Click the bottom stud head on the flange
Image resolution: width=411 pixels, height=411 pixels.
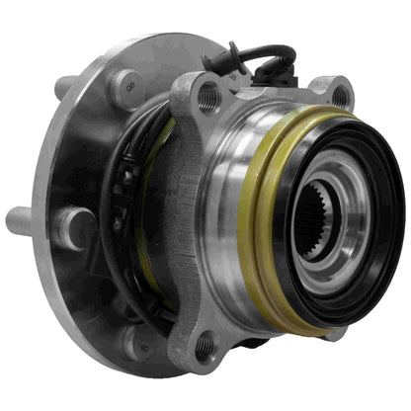[135, 340]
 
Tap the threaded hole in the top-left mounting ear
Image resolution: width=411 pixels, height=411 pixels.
[208, 97]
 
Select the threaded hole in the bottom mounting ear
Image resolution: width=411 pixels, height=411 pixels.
[205, 346]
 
